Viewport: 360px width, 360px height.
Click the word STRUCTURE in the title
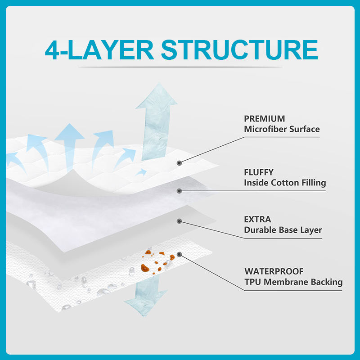pyautogui.click(x=239, y=50)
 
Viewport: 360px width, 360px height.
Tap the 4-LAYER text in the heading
pyautogui.click(x=99, y=50)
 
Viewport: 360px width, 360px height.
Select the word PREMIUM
pyautogui.click(x=264, y=119)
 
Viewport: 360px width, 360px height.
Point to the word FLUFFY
pyautogui.click(x=259, y=172)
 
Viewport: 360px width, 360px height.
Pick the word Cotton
pyautogui.click(x=285, y=183)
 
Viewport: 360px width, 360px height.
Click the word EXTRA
pyautogui.click(x=257, y=220)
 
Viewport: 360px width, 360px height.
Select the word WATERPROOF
pyautogui.click(x=274, y=271)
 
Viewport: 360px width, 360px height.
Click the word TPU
pyautogui.click(x=252, y=282)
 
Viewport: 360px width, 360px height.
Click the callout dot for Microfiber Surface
pyautogui.click(x=179, y=163)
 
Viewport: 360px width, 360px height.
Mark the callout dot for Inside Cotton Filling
pyautogui.click(x=179, y=191)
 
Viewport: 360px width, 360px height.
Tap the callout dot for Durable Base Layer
pyautogui.click(x=179, y=221)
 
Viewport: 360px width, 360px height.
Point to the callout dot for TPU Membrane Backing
pyautogui.click(x=179, y=254)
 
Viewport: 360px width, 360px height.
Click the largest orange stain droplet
pyautogui.click(x=145, y=268)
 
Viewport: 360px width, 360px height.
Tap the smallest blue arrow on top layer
pyautogui.click(x=141, y=172)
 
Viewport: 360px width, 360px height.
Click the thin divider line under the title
pyautogui.click(x=180, y=67)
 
